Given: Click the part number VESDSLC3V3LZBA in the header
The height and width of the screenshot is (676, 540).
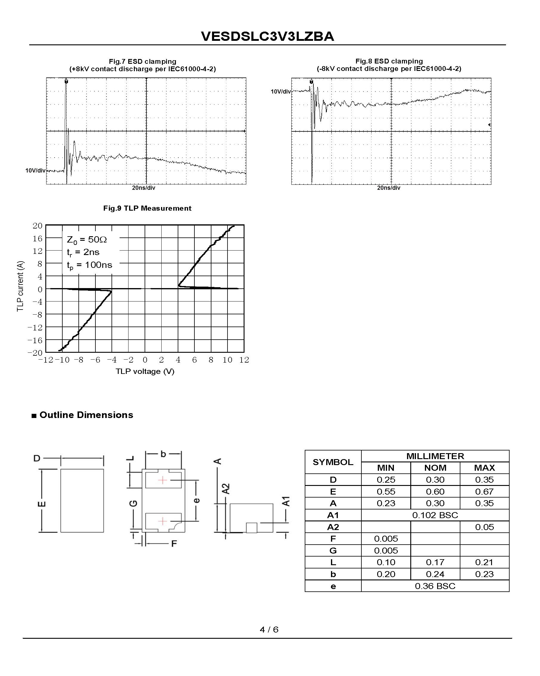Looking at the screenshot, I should point(267,36).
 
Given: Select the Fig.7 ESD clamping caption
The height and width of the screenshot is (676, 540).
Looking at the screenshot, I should point(143,61).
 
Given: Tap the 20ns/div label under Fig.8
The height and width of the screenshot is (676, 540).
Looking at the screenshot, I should point(389,188).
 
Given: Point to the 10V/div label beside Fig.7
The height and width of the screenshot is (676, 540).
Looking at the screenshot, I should point(35,171).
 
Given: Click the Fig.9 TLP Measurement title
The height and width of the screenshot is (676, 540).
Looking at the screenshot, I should point(147,208).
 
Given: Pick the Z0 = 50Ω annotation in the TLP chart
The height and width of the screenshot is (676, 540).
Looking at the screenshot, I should point(86,240).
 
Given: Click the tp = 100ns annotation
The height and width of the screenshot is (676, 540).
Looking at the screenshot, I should point(89,265).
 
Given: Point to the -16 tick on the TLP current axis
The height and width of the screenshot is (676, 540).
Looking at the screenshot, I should point(35,340).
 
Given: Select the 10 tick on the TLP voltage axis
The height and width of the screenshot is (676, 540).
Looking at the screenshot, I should point(227,360).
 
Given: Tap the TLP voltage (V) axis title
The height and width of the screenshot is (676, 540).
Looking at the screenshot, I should point(145,371).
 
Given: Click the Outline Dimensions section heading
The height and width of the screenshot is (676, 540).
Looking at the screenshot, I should point(86,415).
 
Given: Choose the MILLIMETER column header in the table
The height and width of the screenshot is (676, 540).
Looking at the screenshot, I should point(435,456).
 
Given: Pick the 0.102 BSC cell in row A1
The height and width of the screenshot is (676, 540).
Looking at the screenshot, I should point(435,515).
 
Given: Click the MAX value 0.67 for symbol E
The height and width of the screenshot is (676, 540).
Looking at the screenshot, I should point(484,492).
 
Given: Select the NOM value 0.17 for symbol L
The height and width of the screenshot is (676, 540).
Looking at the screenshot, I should point(435,562).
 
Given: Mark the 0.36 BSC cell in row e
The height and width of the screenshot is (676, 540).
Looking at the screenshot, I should point(435,586).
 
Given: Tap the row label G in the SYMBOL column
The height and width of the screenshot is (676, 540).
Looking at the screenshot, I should point(333,551).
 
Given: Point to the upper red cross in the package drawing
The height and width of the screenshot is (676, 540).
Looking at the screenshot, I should point(163,480).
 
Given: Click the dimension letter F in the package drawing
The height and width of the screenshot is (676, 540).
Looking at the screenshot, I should point(174,543).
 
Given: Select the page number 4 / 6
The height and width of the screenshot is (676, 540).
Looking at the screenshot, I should point(269,630).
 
